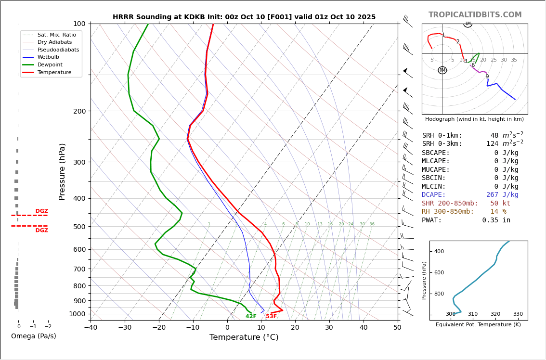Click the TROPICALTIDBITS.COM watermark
[x=475, y=15]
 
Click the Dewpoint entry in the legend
[x=50, y=64]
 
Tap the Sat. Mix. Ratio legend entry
[x=56, y=35]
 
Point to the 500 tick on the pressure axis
[x=79, y=227]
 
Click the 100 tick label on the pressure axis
[x=79, y=24]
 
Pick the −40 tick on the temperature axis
[x=91, y=328]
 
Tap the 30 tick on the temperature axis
[x=329, y=328]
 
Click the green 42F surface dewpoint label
[x=251, y=316]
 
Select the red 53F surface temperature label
[x=272, y=316]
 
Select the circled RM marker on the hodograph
[x=442, y=70]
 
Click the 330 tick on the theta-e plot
[x=518, y=314]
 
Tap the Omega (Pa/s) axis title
[x=34, y=336]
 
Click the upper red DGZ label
[x=42, y=211]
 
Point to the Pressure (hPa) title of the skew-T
[x=63, y=171]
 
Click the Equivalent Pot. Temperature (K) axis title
[x=478, y=325]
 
